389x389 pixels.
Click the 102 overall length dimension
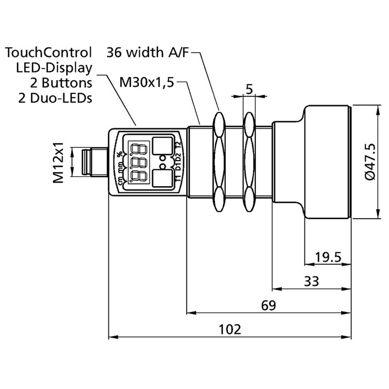230,329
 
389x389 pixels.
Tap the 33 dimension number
311,281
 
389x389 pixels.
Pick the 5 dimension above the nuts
249,89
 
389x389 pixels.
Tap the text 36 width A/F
147,52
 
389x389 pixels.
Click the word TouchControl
49,52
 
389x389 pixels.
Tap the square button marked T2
162,145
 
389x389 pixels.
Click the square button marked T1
162,177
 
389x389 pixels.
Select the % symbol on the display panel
120,155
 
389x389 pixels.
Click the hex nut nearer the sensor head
249,162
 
